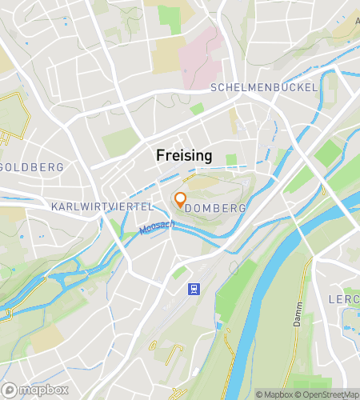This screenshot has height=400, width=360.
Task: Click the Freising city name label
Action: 184,156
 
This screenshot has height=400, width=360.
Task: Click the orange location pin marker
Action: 180,199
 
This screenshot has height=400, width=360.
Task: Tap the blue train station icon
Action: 193,289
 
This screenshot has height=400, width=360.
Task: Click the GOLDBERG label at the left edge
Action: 32,167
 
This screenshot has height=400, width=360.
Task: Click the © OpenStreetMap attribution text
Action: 329,394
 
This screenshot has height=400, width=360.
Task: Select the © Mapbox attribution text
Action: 274,394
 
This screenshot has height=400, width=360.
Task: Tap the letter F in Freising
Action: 161,156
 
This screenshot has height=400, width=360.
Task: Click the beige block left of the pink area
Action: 167,52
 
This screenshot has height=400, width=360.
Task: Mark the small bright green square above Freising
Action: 197,108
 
